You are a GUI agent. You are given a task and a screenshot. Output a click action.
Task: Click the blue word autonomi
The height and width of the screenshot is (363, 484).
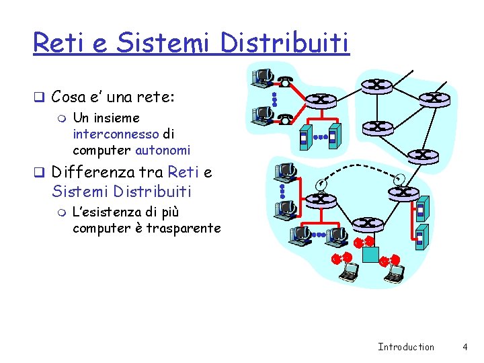163,149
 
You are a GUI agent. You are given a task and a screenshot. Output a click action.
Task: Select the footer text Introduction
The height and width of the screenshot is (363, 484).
406,347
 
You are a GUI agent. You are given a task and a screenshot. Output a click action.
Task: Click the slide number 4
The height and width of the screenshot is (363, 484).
465,347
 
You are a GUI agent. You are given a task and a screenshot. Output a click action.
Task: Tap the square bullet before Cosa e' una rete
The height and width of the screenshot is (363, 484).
40,97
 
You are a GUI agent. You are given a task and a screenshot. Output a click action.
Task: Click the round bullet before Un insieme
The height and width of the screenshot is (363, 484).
63,118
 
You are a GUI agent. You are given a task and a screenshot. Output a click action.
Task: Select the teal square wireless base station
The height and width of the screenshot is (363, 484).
370,253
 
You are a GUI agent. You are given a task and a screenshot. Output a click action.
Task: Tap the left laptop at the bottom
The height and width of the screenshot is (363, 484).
349,271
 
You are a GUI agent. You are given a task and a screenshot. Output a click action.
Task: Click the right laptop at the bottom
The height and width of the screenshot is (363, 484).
395,272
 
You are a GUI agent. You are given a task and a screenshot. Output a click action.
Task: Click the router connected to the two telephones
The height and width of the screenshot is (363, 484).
321,100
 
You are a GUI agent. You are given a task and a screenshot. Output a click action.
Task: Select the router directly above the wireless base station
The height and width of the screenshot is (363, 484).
368,225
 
